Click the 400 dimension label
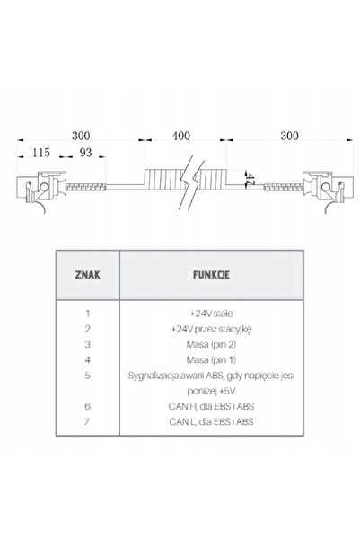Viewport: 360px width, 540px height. pos(181,136)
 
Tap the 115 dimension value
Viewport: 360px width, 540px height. pos(41,153)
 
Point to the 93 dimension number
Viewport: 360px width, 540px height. pos(85,153)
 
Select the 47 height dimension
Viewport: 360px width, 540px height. pos(250,179)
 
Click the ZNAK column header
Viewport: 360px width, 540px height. pos(88,275)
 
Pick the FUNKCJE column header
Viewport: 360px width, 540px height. pos(211,275)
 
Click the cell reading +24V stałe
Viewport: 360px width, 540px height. pos(211,314)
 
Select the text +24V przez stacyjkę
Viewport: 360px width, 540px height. pos(211,329)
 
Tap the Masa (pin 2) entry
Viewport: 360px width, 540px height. pos(211,344)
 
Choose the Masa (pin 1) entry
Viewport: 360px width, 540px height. pos(211,360)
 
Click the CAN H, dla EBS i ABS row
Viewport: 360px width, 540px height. pos(211,406)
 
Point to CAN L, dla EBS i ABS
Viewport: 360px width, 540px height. pos(211,422)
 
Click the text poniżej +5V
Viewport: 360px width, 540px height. pos(211,391)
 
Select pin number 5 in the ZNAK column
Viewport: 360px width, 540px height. pos(88,376)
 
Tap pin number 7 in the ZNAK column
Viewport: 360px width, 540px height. pos(87,421)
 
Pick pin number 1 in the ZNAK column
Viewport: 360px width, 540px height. pos(88,314)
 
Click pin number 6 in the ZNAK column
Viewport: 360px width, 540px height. pos(87,406)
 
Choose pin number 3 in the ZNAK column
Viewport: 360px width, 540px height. pos(88,344)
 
